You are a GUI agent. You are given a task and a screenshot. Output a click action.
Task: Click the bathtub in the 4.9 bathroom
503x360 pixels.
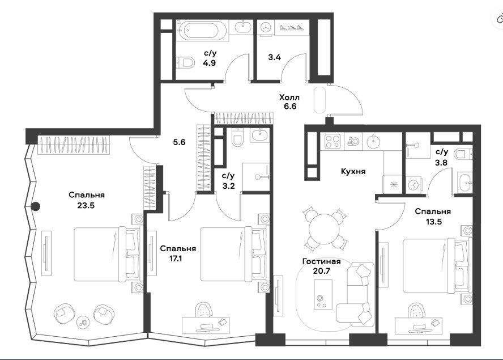203,31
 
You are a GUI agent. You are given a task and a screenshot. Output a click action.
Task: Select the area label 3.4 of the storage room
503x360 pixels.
275,57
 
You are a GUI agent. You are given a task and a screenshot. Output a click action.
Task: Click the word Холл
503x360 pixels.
289,97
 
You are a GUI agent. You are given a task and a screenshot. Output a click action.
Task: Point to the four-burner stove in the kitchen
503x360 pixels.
333,141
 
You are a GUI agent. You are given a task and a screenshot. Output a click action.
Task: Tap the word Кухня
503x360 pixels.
353,171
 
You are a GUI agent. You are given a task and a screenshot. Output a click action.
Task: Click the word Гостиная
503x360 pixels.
321,262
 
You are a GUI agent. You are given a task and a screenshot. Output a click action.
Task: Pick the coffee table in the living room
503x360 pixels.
323,294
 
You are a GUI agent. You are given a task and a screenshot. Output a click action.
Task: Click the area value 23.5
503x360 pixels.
86,205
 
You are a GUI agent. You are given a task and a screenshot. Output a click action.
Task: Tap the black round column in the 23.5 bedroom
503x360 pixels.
36,207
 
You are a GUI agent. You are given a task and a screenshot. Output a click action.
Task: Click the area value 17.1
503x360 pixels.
176,259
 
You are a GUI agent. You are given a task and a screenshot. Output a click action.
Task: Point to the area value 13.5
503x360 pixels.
433,222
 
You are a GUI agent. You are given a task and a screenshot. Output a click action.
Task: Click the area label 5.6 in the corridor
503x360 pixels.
180,142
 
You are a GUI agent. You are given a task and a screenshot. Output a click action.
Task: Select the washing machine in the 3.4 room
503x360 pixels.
266,27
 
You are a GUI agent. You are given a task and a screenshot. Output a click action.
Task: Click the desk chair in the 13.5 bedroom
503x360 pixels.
417,311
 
